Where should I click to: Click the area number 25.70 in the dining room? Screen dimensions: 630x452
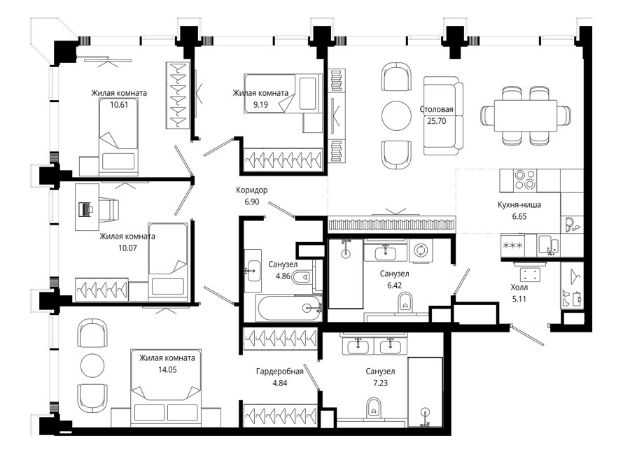[436, 121]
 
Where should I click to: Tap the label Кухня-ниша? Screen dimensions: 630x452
[519, 204]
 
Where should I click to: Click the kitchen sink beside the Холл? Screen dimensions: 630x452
[548, 245]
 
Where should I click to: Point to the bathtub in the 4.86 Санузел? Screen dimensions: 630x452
[289, 308]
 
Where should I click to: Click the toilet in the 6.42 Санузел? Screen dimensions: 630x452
[405, 302]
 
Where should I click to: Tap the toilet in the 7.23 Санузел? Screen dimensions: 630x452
[374, 408]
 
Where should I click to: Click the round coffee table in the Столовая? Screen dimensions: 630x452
[396, 115]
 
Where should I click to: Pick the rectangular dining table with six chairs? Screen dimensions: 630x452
[526, 115]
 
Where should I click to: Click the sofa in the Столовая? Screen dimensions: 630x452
[443, 115]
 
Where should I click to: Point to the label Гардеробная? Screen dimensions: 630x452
[279, 372]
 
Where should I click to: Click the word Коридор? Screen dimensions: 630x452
[252, 190]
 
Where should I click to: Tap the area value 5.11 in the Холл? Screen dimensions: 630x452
[519, 299]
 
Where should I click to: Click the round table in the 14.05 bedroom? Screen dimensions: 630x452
[93, 365]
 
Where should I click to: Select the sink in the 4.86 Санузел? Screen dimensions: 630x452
[253, 270]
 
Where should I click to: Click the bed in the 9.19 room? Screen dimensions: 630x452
[283, 103]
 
